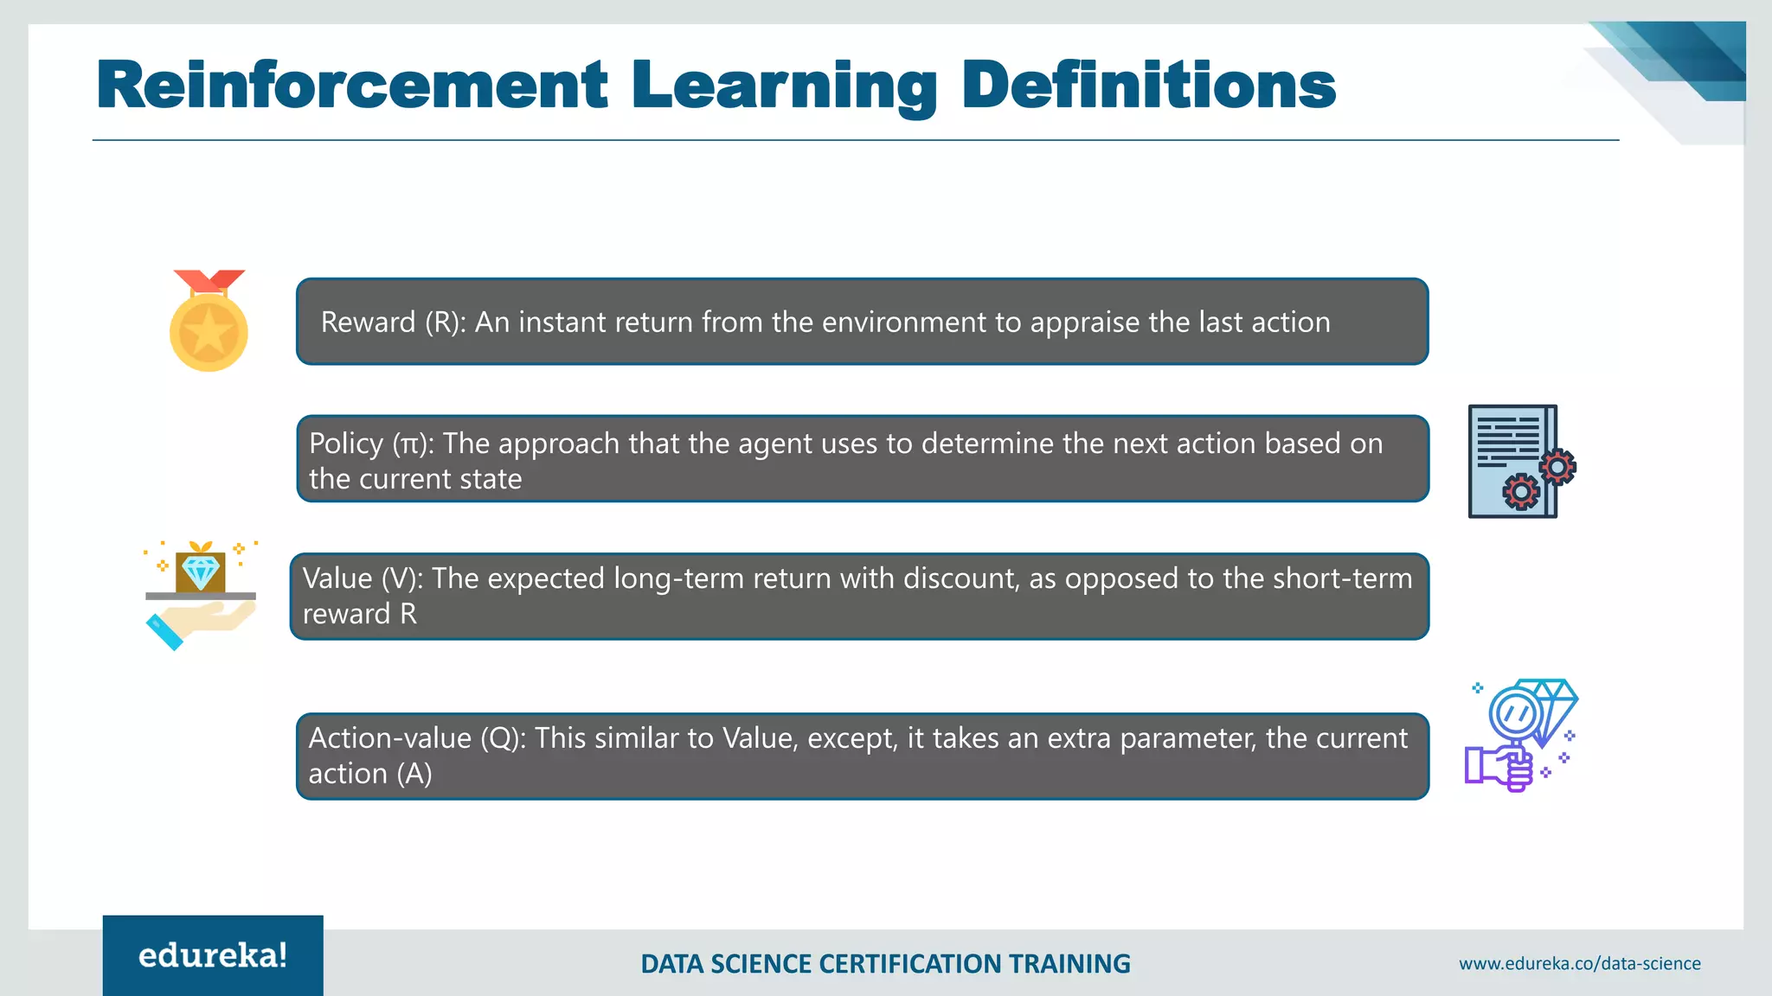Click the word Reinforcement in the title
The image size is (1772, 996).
pos(352,85)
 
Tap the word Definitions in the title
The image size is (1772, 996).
pos(1148,85)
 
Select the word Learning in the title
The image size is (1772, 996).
pos(784,86)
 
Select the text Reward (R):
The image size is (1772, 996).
pos(393,322)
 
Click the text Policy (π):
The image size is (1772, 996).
pos(372,444)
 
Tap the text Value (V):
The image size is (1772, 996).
pos(363,578)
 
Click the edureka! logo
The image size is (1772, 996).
pos(213,955)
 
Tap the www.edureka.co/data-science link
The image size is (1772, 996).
pos(1579,963)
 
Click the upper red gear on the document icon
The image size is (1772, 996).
pos(1557,468)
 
